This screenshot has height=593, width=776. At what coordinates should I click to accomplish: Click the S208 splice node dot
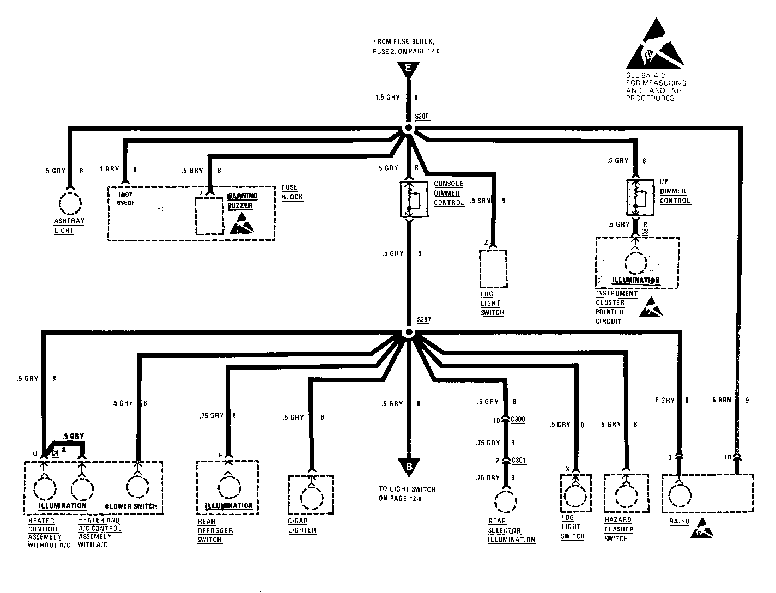[408, 129]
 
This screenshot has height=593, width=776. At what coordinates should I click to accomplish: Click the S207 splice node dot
[408, 332]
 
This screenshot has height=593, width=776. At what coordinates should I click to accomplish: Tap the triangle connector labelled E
[408, 69]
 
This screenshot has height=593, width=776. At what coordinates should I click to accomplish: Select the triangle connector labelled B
[408, 466]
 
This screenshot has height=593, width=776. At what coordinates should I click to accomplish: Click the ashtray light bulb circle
[70, 204]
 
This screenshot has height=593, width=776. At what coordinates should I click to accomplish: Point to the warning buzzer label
[242, 201]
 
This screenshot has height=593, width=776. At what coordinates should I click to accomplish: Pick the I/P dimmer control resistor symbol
[637, 198]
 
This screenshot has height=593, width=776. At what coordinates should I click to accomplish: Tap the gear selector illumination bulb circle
[507, 501]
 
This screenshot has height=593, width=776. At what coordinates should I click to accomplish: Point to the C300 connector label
[518, 420]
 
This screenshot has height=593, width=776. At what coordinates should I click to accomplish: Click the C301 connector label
[519, 461]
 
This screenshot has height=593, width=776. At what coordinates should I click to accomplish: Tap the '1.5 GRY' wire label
[387, 98]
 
